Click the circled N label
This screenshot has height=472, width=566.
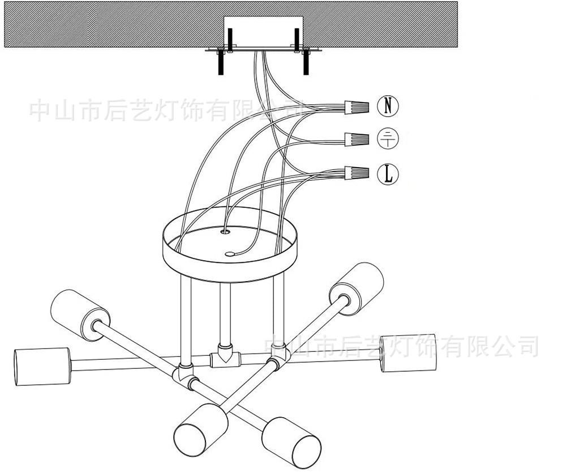coord(388,105)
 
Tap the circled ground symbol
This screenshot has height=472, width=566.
coord(388,138)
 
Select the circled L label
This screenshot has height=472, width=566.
coord(388,174)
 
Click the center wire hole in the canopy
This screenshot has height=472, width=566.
coord(226,231)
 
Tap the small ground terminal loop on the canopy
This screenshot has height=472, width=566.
coord(229,254)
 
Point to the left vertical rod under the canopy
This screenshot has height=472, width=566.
coord(186,317)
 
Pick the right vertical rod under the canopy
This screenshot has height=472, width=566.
coord(278,312)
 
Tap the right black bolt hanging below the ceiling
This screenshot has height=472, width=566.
coord(306,62)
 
